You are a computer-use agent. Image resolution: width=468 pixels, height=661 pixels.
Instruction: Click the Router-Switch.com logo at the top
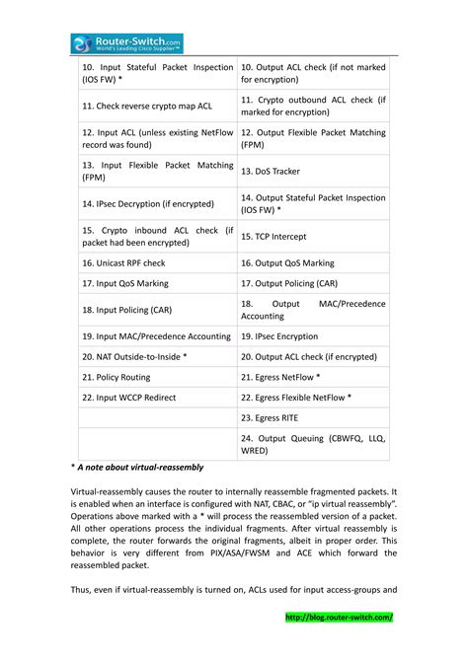tap(126, 42)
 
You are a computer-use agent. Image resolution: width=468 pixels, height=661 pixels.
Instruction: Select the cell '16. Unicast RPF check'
tap(123, 263)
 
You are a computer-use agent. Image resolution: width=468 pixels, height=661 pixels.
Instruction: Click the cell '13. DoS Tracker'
tap(271, 171)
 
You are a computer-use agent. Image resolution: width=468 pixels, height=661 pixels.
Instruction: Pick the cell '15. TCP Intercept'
tap(273, 237)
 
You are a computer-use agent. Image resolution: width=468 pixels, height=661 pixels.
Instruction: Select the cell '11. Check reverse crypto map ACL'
tap(147, 105)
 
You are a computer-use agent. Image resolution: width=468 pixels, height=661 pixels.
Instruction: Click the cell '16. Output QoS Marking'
tap(287, 263)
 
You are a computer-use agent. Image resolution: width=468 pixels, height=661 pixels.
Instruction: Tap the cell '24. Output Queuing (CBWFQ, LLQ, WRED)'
tap(313, 444)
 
